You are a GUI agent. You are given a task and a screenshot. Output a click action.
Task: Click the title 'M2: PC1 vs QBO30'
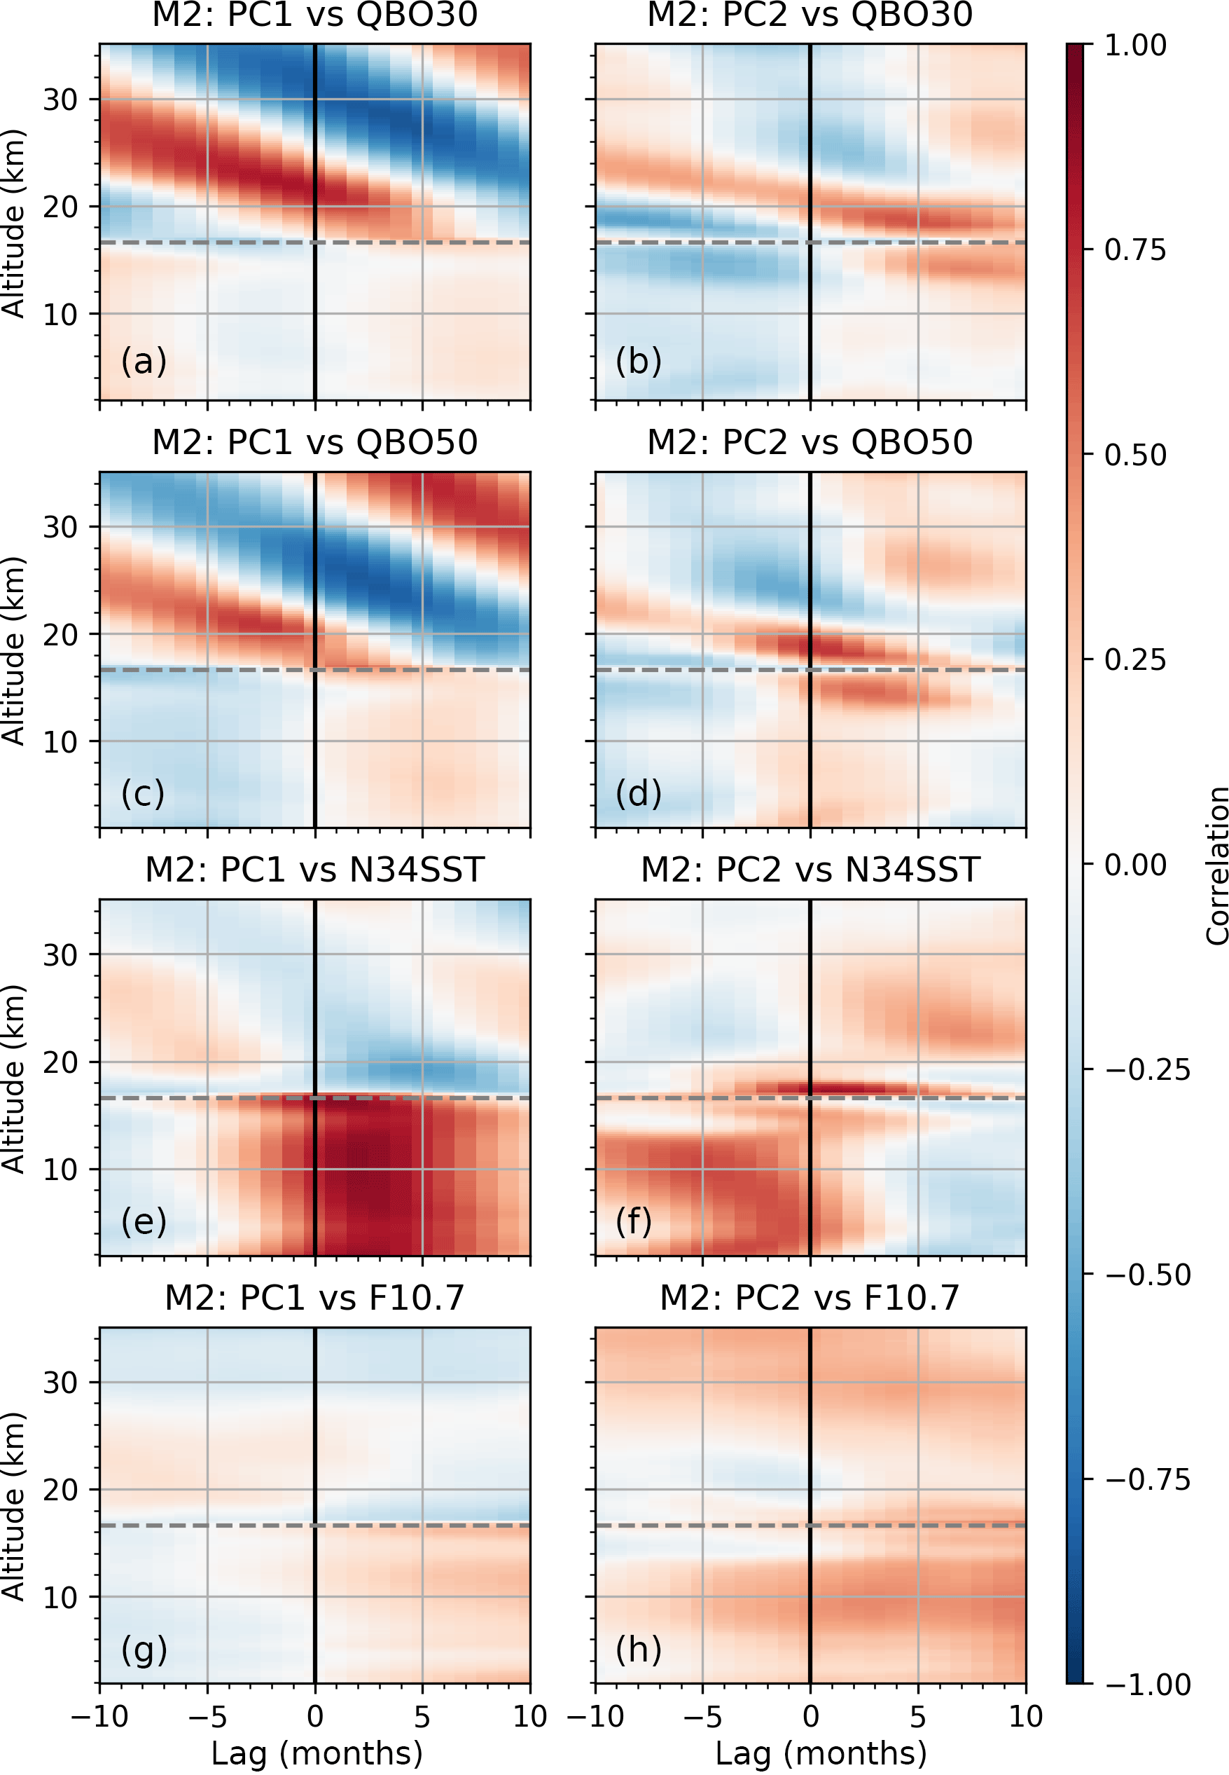tap(314, 15)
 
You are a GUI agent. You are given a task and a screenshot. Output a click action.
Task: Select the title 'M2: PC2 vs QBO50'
tap(810, 442)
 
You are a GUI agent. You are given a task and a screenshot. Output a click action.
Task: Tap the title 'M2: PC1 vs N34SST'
tap(314, 870)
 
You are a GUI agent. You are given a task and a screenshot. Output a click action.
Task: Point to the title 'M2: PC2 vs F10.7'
tap(810, 1297)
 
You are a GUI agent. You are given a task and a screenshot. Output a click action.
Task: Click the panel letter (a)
tap(144, 361)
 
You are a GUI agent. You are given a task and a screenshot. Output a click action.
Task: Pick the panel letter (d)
tap(639, 793)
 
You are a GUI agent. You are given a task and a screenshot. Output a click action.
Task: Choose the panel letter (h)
tap(639, 1649)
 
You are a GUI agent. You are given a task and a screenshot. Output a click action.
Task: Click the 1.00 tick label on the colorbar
tap(1134, 46)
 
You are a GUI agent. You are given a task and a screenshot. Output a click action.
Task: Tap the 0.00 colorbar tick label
tap(1134, 865)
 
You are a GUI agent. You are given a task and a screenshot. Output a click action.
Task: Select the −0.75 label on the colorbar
tap(1147, 1479)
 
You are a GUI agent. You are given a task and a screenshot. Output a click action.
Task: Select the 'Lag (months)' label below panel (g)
tap(317, 1753)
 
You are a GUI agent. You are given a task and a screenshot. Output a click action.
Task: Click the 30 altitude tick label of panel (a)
tap(60, 100)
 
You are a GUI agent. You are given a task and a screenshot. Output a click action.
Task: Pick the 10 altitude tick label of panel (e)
tap(60, 1170)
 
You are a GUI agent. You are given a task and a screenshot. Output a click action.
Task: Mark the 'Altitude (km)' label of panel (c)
tap(14, 650)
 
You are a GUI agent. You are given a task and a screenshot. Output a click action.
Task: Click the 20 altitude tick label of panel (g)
tap(60, 1490)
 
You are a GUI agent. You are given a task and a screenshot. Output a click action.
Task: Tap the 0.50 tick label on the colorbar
tap(1134, 455)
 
